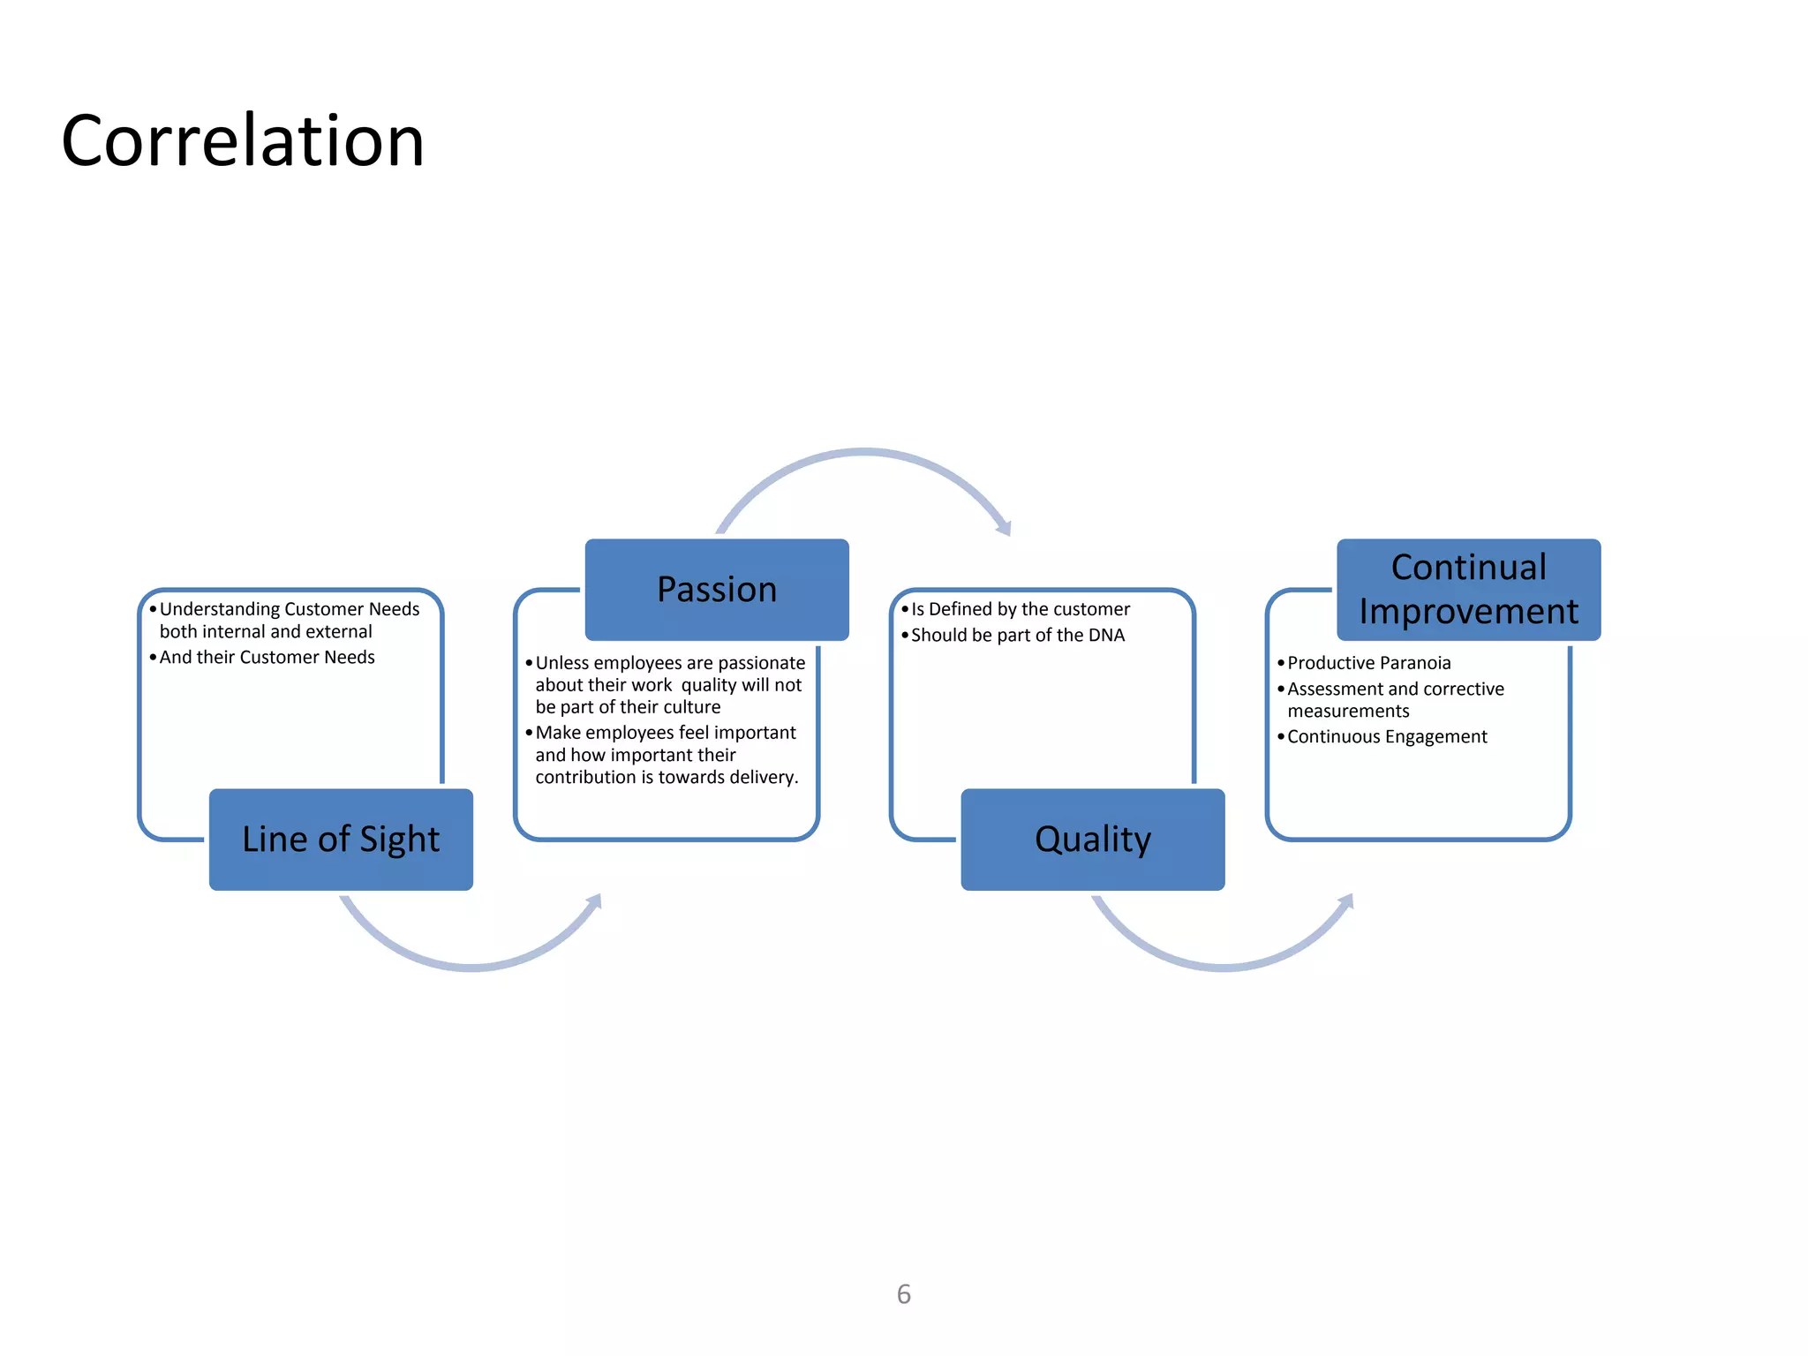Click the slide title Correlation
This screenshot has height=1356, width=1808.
point(243,141)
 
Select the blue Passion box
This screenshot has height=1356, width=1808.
point(717,590)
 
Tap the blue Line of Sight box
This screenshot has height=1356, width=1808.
point(341,840)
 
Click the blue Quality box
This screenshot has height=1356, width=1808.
point(1093,840)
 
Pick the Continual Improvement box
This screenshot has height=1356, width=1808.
point(1468,590)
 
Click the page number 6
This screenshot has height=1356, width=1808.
point(903,1294)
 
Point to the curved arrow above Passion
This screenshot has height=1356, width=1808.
point(863,455)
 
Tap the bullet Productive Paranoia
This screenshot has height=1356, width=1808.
point(1368,663)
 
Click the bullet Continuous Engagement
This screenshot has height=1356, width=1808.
point(1386,737)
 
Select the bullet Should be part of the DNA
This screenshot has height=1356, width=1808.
point(1017,636)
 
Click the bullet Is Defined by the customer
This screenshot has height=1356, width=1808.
point(1020,609)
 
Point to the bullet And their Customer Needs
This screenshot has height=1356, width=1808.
point(267,658)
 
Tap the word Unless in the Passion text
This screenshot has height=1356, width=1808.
point(561,663)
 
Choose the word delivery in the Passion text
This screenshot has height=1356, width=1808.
point(766,778)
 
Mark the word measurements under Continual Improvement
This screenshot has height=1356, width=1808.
point(1348,712)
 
